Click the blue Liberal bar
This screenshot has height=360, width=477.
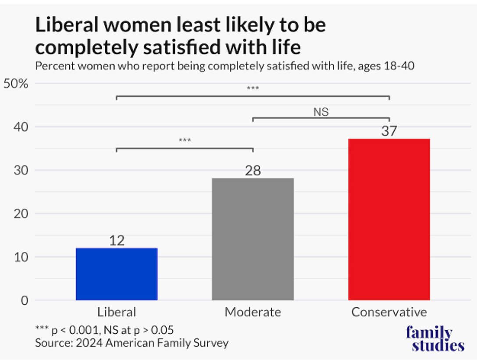coord(117,274)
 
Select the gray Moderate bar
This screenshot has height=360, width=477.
coord(253,239)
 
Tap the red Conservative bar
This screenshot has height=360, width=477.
coord(389,219)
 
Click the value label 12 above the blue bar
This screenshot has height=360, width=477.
coord(117,241)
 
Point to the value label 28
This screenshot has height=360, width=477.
coord(253,171)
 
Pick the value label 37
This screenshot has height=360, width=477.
coord(389,131)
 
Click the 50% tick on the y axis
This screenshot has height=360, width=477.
coord(16,84)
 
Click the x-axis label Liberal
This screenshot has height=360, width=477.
coord(116,312)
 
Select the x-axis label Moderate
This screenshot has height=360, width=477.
coord(253,312)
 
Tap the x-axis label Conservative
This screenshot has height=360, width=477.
coord(389,312)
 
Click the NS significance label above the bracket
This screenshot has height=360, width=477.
coord(321,112)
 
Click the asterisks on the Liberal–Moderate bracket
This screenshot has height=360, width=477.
coord(185,141)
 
